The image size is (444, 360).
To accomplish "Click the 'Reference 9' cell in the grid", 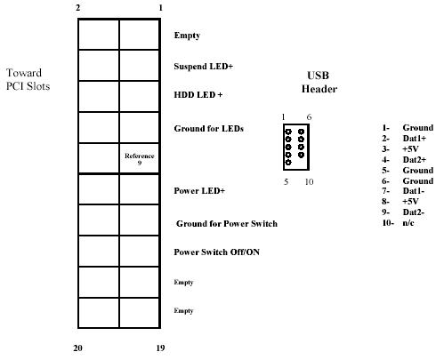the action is pos(140,159).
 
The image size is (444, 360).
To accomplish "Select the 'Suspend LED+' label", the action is pos(204,67).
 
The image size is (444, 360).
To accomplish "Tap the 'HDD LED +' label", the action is pos(198,95).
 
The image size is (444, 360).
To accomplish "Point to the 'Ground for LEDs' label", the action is pos(209,129).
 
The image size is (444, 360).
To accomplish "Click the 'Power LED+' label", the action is pos(199,191).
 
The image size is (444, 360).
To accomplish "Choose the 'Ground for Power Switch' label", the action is pos(227,224).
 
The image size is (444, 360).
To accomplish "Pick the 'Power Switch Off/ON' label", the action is pos(217,252).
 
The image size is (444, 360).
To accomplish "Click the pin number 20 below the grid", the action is pos(77,348).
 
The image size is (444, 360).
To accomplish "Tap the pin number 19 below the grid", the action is pos(160,348).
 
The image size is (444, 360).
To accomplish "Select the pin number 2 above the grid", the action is pos(78,8).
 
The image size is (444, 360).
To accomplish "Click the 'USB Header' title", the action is pos(319,82).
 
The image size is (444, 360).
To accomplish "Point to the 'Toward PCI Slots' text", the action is pos(28,79).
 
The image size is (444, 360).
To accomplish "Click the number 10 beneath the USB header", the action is pos(309,181).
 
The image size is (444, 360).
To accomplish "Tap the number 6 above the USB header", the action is pos(309,117).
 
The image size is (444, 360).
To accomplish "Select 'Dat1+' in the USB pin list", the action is pos(415,139).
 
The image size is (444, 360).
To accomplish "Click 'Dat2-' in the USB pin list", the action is pos(414,212).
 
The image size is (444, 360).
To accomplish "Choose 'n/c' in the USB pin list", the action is pos(408,223).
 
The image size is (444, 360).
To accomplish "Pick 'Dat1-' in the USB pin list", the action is pos(414,191).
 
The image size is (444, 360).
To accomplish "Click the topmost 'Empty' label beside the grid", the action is pos(187,36).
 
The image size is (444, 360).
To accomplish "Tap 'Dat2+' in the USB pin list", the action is pos(415,160).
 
